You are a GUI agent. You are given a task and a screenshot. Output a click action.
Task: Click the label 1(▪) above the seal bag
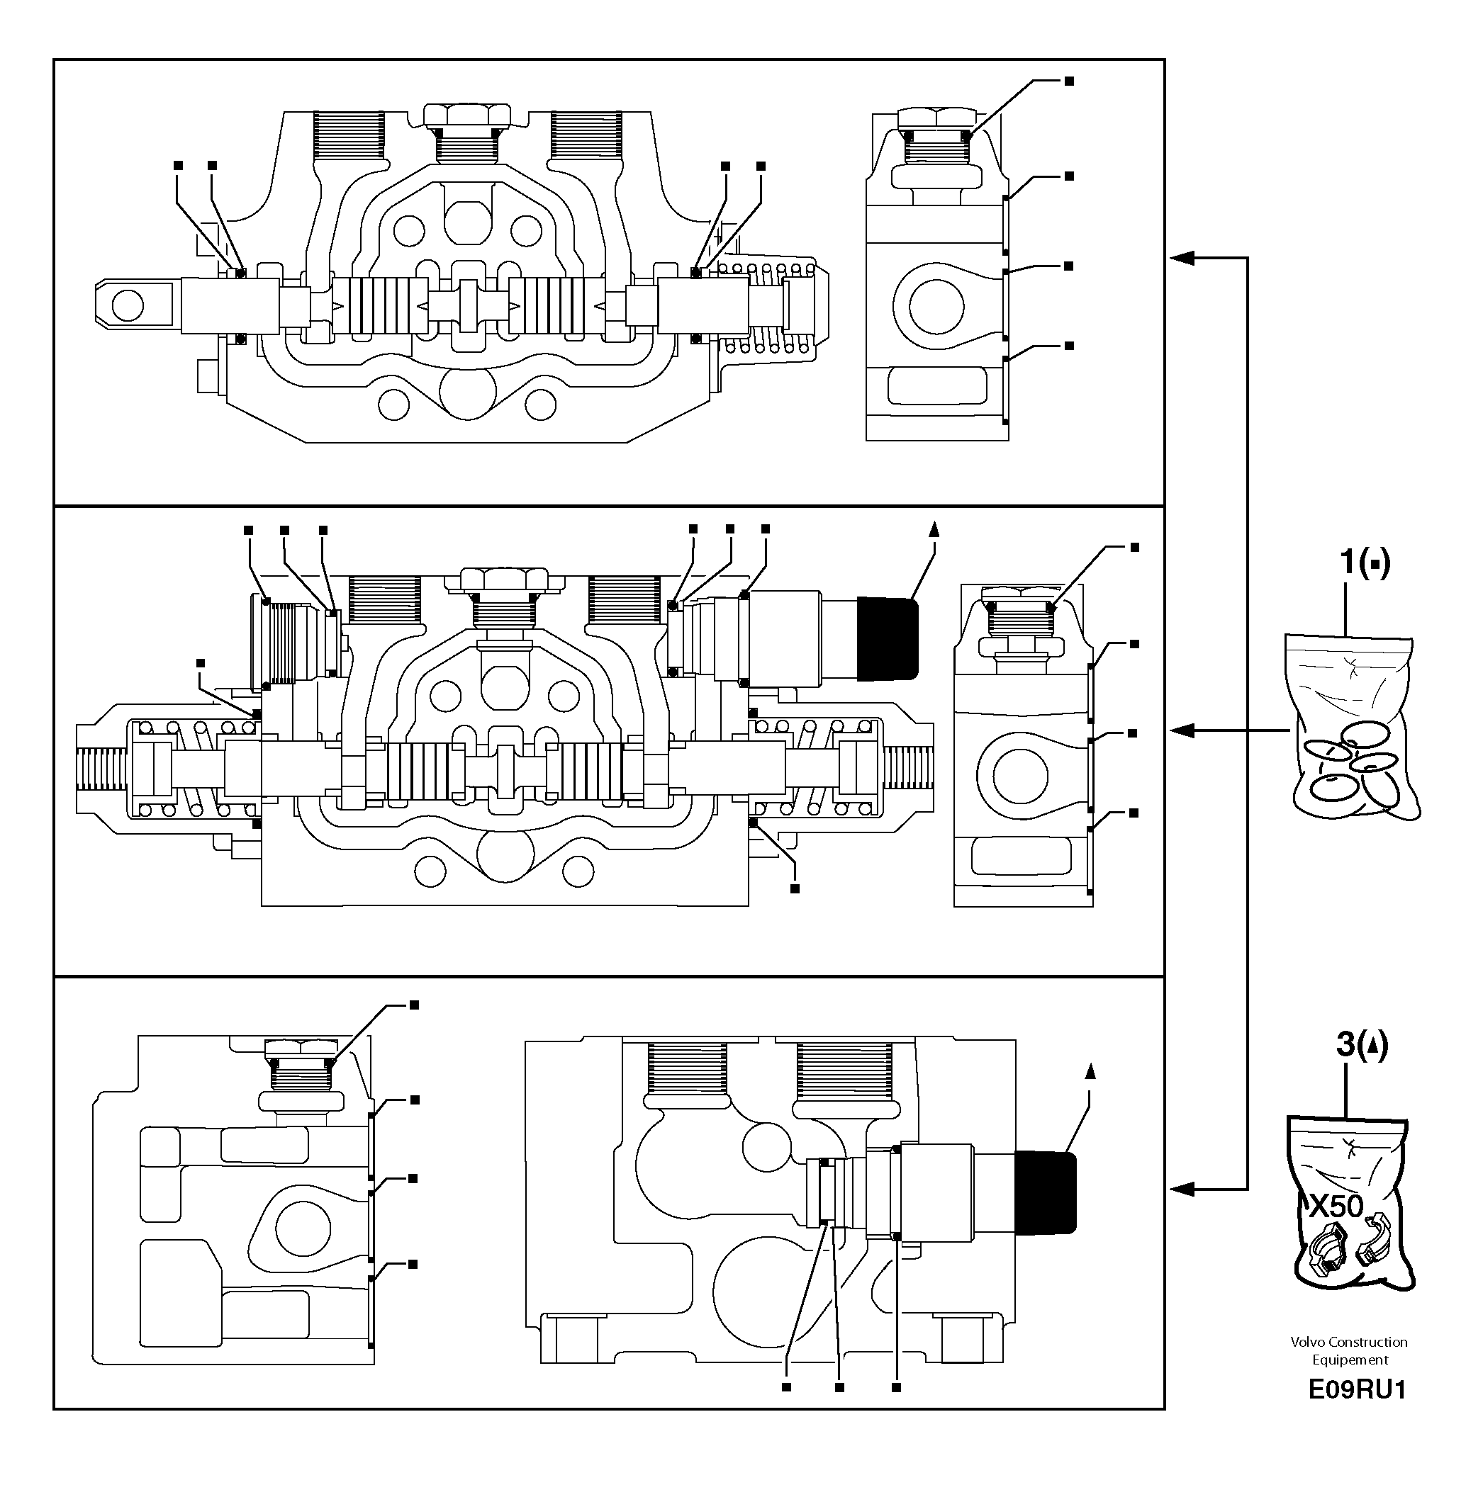point(1365,563)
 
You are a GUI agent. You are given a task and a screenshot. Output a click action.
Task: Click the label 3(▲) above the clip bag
point(1360,1045)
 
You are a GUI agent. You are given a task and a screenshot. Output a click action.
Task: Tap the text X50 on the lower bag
point(1336,1206)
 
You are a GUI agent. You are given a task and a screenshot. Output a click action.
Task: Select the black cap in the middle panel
point(887,638)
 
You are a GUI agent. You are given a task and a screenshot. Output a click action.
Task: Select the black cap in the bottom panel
point(1044,1192)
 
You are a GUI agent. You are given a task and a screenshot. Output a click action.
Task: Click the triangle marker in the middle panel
point(934,529)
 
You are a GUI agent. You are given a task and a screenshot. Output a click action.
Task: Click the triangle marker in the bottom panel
point(1090,1072)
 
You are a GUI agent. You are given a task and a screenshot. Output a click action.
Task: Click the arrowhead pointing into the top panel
point(1182,258)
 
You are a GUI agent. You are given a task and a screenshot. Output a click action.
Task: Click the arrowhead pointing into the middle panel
point(1182,730)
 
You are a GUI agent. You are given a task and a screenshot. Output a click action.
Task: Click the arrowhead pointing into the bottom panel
point(1182,1189)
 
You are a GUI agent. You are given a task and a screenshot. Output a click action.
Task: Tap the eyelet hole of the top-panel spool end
point(127,305)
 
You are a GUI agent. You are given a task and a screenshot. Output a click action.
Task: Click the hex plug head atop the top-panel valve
point(466,115)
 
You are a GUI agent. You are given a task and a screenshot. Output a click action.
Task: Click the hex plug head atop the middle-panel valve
point(504,578)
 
